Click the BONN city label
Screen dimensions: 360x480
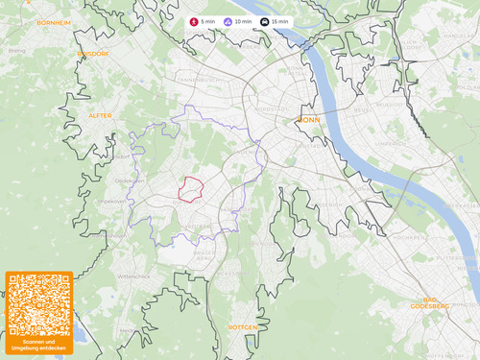tap(309, 120)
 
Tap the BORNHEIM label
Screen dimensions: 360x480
tap(54, 21)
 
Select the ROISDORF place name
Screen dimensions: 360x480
tap(94, 55)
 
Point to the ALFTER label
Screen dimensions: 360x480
tap(100, 115)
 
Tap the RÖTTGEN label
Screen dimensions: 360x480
tap(243, 327)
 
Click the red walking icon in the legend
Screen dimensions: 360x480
tap(194, 21)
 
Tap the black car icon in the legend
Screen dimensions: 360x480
tap(265, 21)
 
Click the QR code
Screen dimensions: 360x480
tap(39, 303)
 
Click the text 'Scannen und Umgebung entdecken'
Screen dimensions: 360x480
tap(39, 345)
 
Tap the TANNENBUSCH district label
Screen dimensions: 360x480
tap(200, 80)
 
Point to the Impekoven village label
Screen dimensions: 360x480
tap(112, 202)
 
